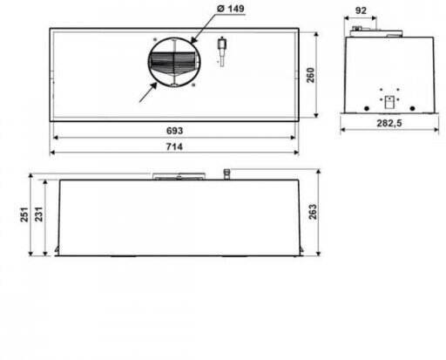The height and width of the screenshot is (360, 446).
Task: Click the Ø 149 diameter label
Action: pos(231,9)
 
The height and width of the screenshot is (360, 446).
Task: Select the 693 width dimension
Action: pos(174,131)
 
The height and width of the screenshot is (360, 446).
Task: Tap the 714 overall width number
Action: pos(174,146)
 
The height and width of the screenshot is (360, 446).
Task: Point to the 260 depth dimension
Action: pos(310,75)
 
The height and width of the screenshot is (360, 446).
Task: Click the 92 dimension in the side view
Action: pos(361,10)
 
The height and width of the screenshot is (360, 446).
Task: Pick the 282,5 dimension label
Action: pos(389,123)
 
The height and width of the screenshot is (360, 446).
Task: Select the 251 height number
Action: pos(24,214)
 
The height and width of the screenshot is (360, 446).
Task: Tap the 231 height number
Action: pos(38,214)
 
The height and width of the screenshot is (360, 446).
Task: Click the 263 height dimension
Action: pos(313,212)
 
